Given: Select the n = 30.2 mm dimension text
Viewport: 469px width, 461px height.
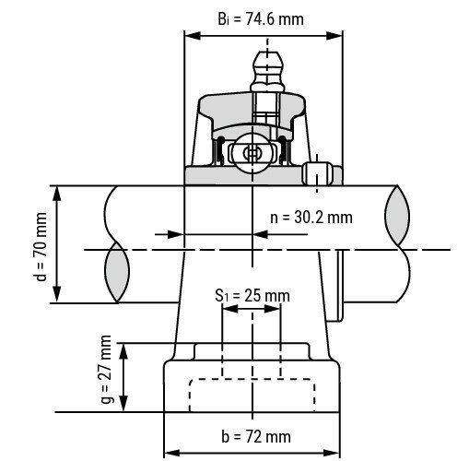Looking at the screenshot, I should tap(311, 218).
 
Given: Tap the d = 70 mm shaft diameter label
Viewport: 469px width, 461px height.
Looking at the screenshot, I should tap(40, 245).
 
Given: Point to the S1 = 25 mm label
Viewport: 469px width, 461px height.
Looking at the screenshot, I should tap(252, 296).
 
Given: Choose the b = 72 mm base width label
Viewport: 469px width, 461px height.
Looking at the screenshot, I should tap(252, 435).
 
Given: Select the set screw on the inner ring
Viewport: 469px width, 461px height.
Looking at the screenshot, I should tap(318, 173).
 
